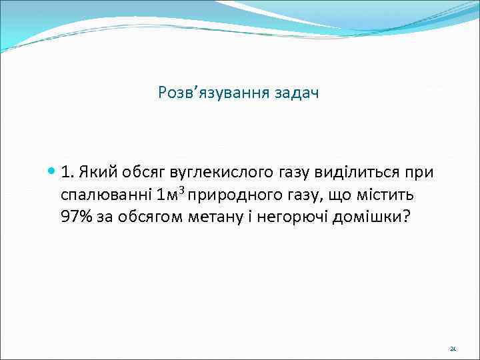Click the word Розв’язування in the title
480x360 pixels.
[x=212, y=93]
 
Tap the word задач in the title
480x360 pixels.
[x=296, y=93]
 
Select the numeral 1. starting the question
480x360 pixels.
[x=67, y=173]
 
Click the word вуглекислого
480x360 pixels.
[x=221, y=173]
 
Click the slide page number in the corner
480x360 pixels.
[x=453, y=349]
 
